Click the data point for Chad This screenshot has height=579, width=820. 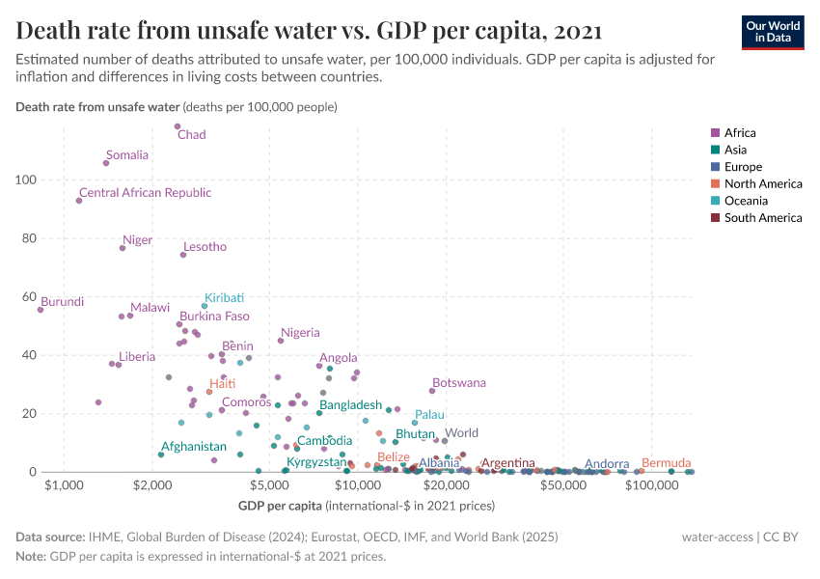coord(178,126)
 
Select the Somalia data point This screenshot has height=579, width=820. coord(106,163)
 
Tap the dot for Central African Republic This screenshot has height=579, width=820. coord(79,201)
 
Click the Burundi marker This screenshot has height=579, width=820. coord(41,310)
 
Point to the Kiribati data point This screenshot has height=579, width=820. coord(205,306)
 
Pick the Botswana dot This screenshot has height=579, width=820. coord(432,391)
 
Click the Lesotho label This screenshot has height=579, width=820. coord(205,247)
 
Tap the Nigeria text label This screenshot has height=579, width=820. coord(300,333)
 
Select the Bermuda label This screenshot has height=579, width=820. coord(666,463)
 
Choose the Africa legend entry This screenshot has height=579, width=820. coord(740,133)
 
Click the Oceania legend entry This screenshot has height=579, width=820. coord(746,201)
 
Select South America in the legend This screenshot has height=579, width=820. coord(762,218)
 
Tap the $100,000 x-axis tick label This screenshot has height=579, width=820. coord(652,484)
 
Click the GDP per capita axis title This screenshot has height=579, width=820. coord(280,506)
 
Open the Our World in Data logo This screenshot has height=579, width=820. coord(772,32)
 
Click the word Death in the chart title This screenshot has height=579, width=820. coord(47,32)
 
